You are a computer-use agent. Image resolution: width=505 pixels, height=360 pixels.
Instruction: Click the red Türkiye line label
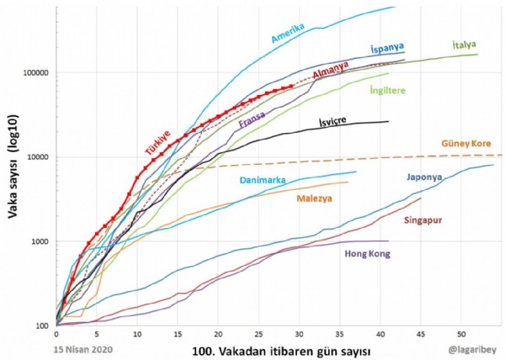(157, 139)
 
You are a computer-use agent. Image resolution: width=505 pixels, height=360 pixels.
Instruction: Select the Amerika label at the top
(294, 31)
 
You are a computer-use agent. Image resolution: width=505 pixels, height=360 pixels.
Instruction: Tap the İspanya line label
(387, 50)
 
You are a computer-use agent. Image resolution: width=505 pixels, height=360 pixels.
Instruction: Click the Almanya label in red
(332, 75)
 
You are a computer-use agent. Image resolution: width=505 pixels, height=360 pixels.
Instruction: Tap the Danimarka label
(244, 179)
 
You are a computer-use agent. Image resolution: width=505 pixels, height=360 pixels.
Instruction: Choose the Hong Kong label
(369, 253)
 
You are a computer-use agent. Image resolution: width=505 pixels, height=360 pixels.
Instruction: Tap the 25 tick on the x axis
(258, 333)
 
